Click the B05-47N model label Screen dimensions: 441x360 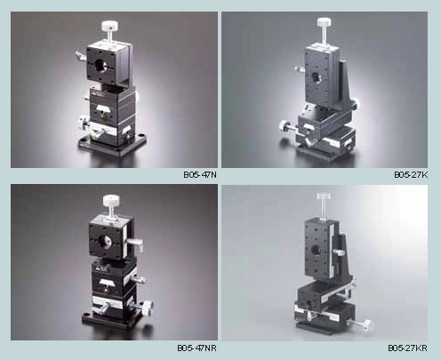(200, 175)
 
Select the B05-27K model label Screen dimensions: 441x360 (411, 175)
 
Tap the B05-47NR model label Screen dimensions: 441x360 (197, 348)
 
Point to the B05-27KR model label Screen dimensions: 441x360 (408, 348)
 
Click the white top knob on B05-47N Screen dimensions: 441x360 (110, 27)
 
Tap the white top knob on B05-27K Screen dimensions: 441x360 (324, 22)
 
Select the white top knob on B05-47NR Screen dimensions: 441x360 (112, 202)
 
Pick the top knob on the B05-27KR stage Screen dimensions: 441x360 (324, 196)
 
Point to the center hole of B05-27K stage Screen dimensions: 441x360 (315, 77)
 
